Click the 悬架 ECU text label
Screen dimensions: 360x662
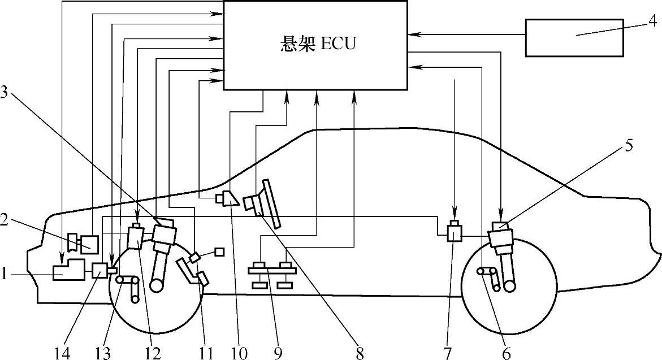click(318, 44)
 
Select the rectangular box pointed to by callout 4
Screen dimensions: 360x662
click(575, 37)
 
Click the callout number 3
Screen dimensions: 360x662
click(5, 94)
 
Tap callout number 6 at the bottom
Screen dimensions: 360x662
click(506, 353)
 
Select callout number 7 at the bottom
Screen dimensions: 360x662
click(447, 353)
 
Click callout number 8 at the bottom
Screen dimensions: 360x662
click(360, 353)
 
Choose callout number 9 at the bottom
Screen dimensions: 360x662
click(278, 353)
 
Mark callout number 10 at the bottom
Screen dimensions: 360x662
click(240, 353)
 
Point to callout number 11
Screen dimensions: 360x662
click(206, 353)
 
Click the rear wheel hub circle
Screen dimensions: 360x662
click(510, 287)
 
